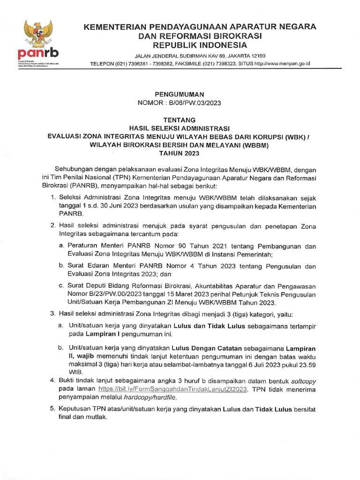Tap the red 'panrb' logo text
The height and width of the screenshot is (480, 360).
coord(34,52)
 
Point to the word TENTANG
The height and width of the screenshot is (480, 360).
coord(180,120)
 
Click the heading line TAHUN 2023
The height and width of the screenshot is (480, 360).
coord(180,153)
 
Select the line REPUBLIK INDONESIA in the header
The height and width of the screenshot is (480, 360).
coord(200,45)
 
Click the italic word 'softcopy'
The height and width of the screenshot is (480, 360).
coord(302,380)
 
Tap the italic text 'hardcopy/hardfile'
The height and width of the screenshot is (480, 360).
coord(142,397)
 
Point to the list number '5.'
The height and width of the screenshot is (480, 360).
coord(52,409)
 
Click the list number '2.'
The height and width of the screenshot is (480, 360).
coord(52,225)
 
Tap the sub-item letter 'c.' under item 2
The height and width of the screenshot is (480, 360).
coord(61,285)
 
